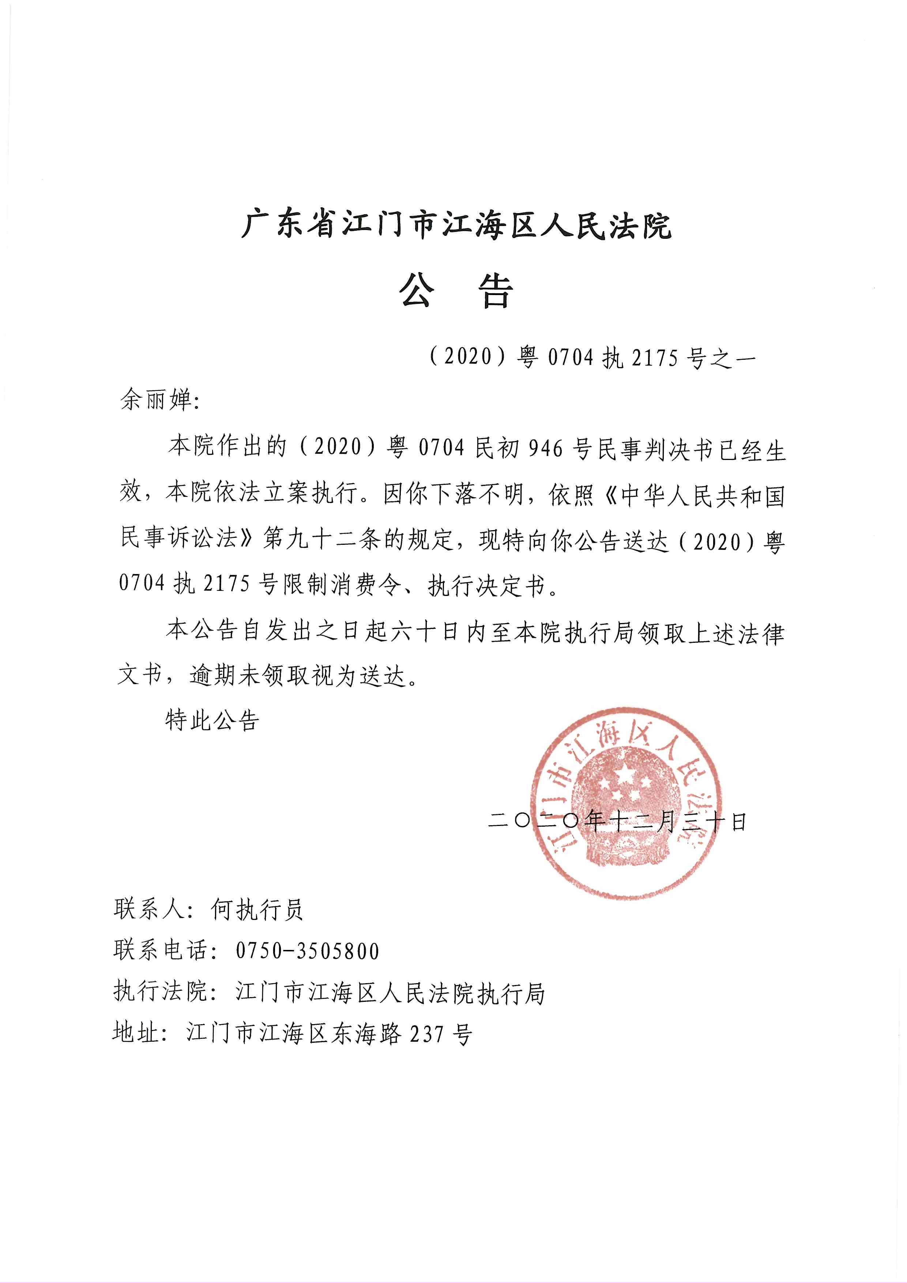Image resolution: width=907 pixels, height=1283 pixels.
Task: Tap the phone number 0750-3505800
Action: coord(307,951)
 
